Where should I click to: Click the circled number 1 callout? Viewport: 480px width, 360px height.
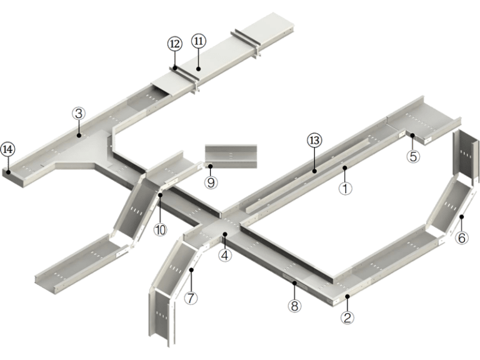[x=343, y=187]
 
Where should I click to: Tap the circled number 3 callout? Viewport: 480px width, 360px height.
[x=78, y=113]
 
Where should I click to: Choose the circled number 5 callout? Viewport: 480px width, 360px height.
[x=412, y=156]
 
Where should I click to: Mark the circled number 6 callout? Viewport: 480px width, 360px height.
[x=461, y=237]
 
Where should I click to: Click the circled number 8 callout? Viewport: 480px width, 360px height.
[x=294, y=306]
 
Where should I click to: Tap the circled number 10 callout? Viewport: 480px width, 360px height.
[x=161, y=229]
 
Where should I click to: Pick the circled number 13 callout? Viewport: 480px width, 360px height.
[x=314, y=141]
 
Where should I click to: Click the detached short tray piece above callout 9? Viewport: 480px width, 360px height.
[x=231, y=154]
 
